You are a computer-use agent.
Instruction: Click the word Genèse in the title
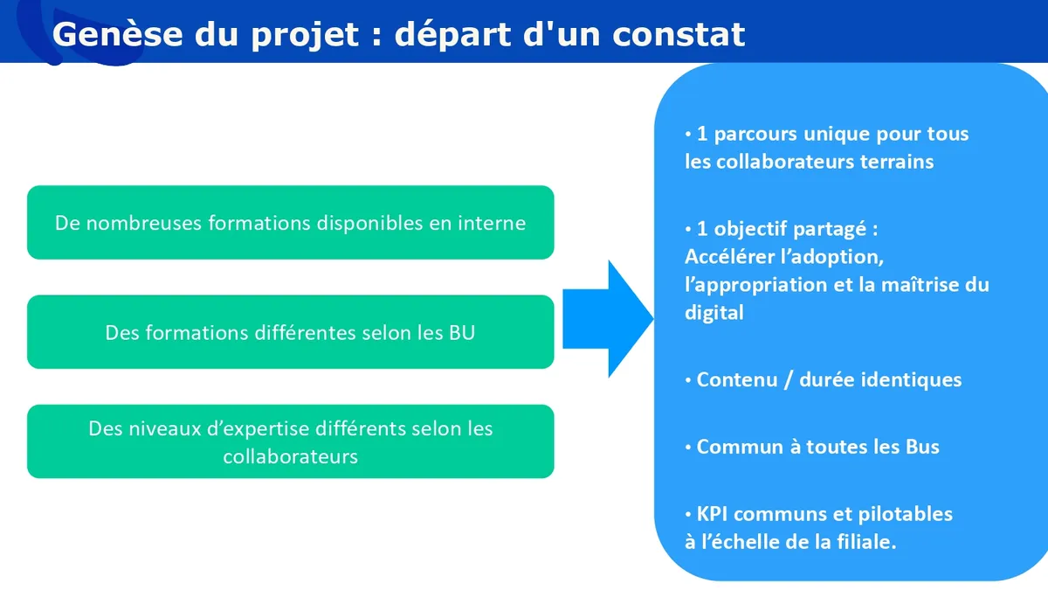coord(117,34)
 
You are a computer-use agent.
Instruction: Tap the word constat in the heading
coord(679,35)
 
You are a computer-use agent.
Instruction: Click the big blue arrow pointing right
coord(608,319)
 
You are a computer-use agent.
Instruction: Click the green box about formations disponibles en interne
coord(291,222)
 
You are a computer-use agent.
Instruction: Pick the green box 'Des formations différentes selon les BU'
coord(291,332)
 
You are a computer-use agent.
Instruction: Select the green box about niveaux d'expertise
coord(291,441)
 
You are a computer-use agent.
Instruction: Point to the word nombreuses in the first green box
coord(144,223)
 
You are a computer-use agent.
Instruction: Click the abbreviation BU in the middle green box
coord(462,333)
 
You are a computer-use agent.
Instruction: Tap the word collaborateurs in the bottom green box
coord(291,456)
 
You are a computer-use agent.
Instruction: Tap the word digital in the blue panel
coord(714,313)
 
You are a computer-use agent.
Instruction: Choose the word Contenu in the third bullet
coord(737,379)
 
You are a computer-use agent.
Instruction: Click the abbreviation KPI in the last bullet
coord(712,514)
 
